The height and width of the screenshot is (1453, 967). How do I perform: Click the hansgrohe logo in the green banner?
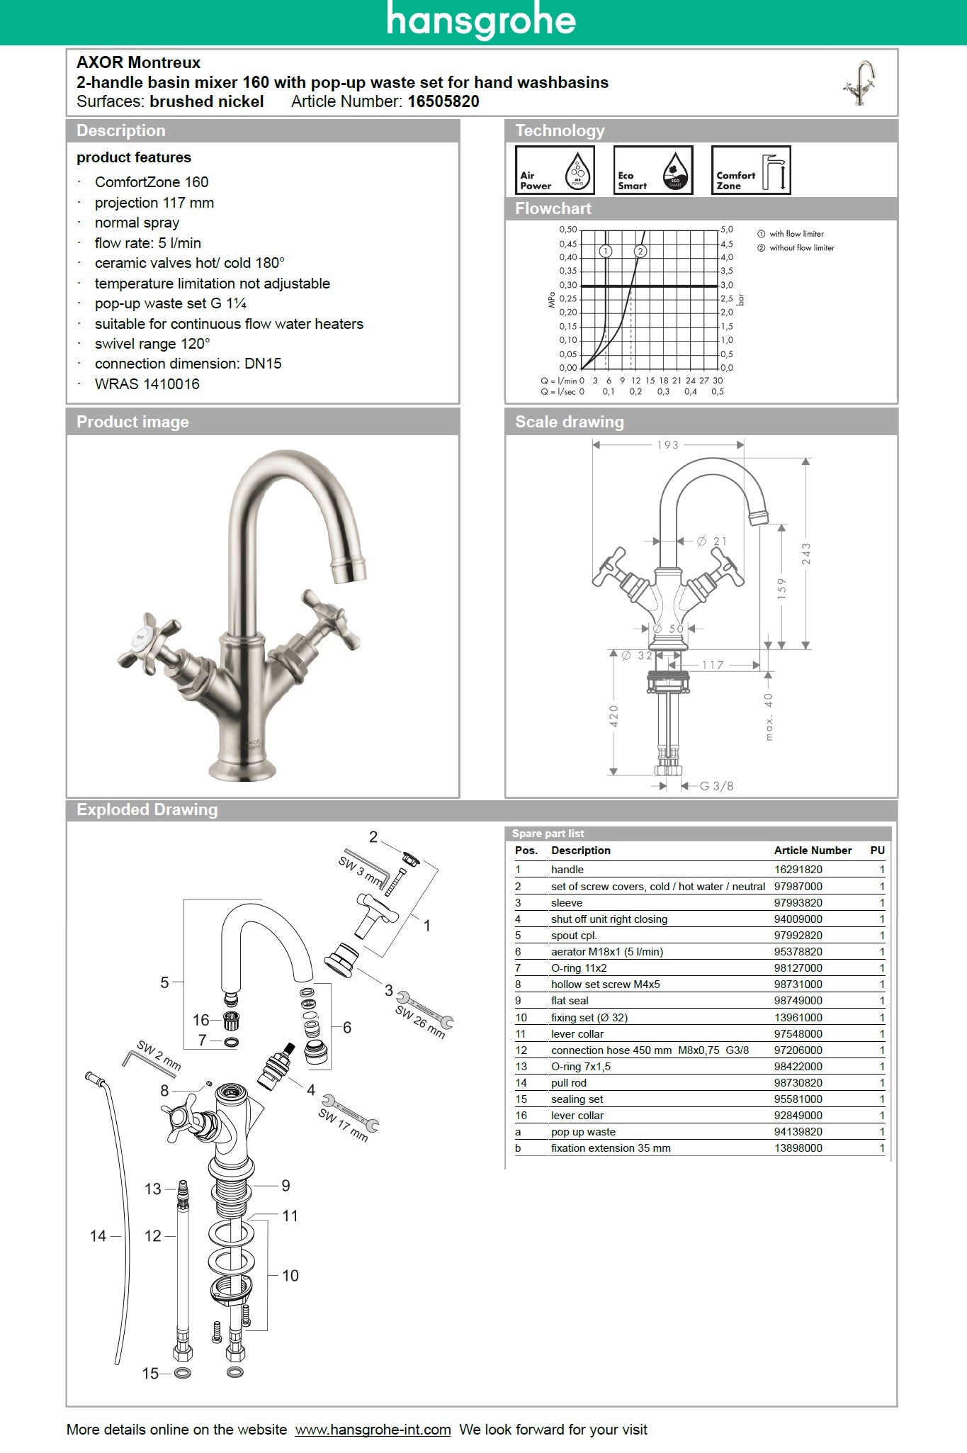481,21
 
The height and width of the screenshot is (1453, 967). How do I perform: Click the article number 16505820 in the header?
443,101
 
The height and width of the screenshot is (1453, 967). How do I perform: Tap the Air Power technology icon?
554,170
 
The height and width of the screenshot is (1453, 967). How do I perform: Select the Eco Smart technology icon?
652,170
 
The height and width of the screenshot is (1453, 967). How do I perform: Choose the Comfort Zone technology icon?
750,170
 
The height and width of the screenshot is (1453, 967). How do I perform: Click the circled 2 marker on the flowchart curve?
640,251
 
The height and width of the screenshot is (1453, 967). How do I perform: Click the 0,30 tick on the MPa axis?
567,285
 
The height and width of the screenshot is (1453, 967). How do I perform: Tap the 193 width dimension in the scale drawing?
667,445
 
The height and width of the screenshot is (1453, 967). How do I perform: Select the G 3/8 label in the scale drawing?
716,786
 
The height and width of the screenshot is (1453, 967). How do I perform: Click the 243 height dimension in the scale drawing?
806,554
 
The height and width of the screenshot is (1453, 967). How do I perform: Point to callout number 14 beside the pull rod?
98,1236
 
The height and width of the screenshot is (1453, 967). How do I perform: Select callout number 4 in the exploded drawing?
310,1090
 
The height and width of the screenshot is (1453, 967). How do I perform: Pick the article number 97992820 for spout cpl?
798,936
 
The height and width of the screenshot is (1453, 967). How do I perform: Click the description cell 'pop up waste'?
583,1132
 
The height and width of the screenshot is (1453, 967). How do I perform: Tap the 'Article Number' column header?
813,851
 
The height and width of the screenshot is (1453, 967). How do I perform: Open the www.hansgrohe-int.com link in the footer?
373,1430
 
